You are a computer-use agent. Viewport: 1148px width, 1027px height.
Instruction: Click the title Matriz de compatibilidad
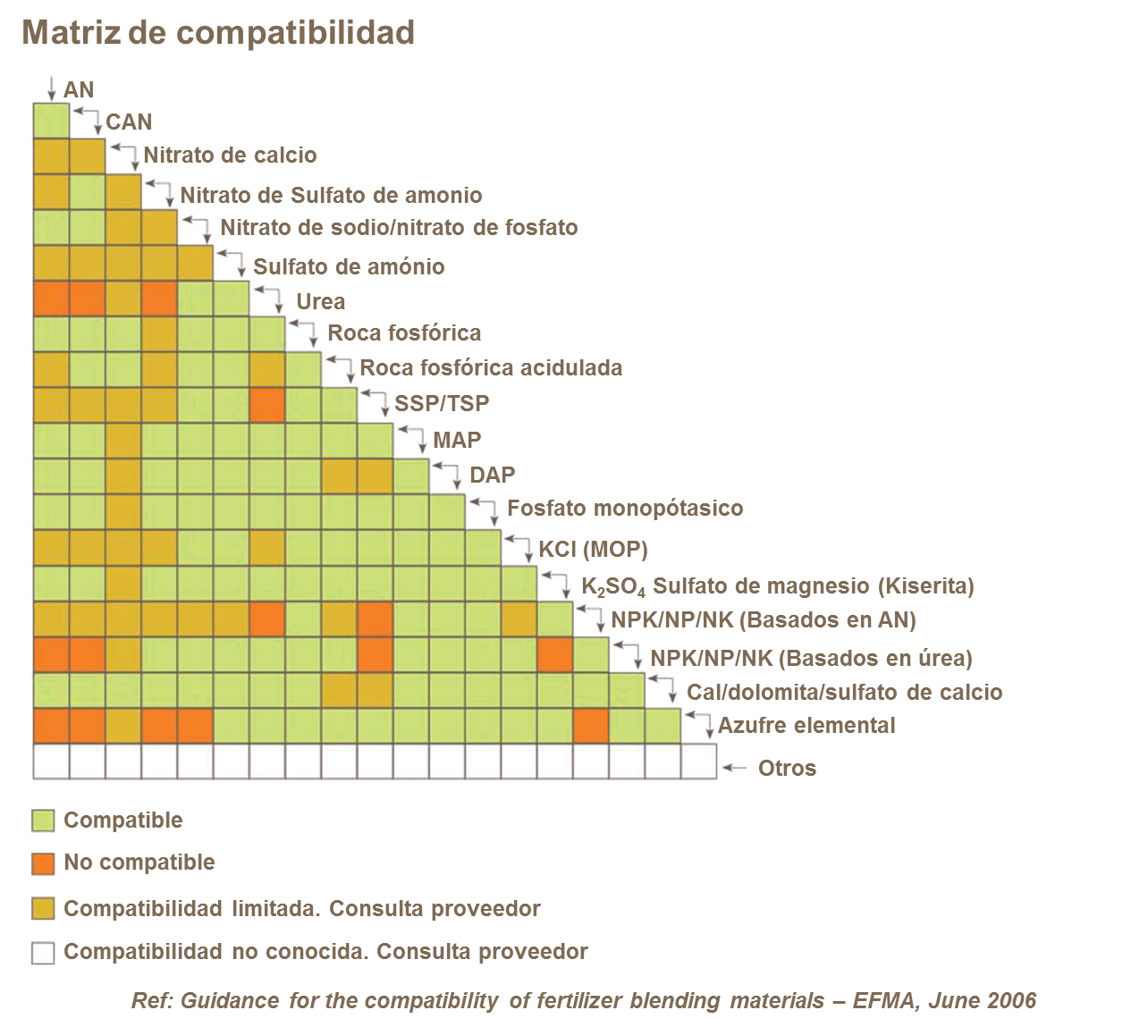point(218,32)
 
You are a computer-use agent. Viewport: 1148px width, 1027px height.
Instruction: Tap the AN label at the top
point(79,89)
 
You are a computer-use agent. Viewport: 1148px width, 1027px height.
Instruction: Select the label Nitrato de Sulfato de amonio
point(331,197)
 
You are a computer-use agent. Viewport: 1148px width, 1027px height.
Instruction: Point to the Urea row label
point(320,304)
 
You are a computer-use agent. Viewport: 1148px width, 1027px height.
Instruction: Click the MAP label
point(457,440)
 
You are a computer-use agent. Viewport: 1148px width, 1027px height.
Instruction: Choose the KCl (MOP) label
point(593,550)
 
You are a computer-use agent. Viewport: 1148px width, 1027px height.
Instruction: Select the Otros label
point(787,769)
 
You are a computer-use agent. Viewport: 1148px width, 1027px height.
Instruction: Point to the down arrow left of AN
point(51,88)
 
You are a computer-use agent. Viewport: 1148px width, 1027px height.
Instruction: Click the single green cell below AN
point(51,121)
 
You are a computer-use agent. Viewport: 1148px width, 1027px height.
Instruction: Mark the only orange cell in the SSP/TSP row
point(267,405)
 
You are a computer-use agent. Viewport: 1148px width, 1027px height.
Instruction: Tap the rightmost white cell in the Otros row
point(698,762)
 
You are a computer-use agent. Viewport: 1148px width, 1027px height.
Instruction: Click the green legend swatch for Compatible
point(43,821)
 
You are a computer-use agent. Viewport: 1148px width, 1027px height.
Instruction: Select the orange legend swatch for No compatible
point(43,863)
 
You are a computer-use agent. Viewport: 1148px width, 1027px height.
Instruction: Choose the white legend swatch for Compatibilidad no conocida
point(43,953)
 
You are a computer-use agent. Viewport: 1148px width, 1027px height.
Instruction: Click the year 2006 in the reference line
point(1012,1000)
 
